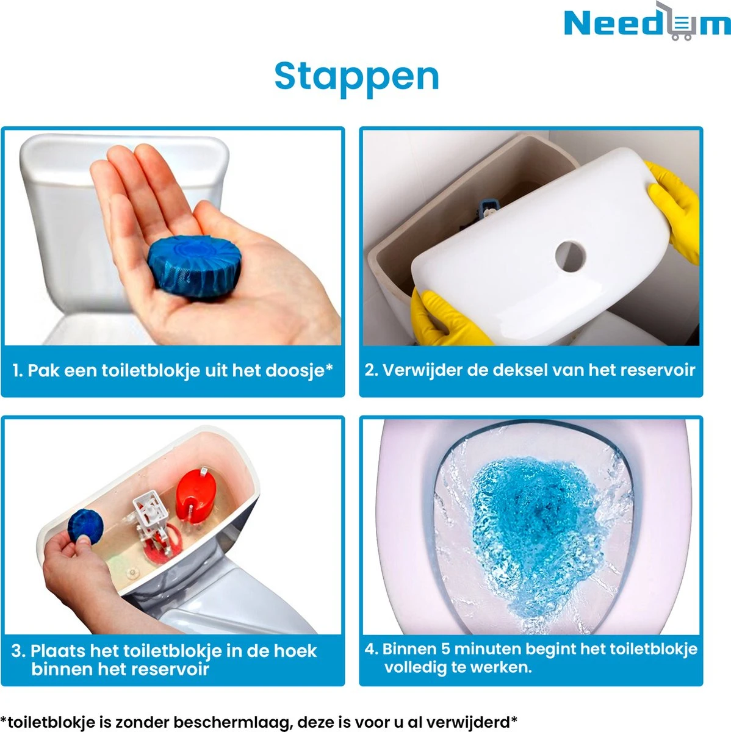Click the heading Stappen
tap(356, 76)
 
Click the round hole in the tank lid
tap(570, 254)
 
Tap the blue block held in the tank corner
tap(85, 524)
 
